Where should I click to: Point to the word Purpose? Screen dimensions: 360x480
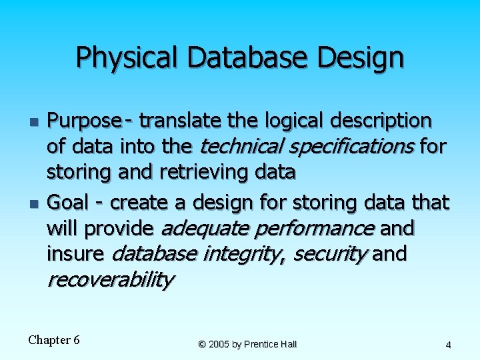coord(84,121)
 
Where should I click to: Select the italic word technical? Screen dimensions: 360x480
coord(235,147)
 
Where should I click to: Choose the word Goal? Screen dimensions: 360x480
coord(74,201)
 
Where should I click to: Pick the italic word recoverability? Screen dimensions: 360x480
coord(111,280)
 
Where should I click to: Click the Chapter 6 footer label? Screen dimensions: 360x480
coord(54,340)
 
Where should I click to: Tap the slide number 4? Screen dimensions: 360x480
coord(448,345)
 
